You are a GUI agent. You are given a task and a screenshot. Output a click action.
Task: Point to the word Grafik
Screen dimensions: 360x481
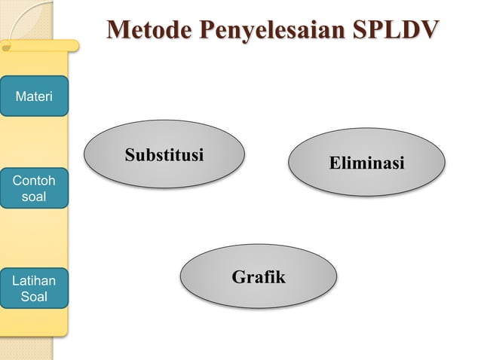[x=259, y=277]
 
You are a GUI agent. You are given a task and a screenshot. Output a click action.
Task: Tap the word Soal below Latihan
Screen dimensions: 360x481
[x=34, y=297]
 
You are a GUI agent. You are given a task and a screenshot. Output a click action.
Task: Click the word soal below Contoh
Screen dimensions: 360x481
[x=34, y=197]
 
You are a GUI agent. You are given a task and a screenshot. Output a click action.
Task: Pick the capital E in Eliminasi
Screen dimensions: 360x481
[x=333, y=163]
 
